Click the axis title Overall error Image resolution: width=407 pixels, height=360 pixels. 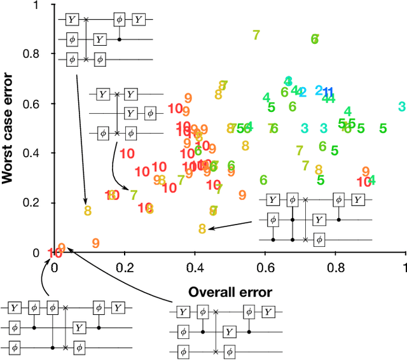click(x=230, y=293)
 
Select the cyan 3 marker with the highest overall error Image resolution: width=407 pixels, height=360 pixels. click(x=402, y=106)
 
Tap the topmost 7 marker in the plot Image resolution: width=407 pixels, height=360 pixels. click(x=256, y=35)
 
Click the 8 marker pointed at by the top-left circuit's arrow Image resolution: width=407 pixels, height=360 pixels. click(x=88, y=208)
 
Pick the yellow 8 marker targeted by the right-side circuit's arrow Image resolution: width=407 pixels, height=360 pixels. click(x=202, y=228)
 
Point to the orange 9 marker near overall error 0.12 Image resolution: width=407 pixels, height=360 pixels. click(x=95, y=242)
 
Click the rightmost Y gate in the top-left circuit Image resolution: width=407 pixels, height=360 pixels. click(x=139, y=20)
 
